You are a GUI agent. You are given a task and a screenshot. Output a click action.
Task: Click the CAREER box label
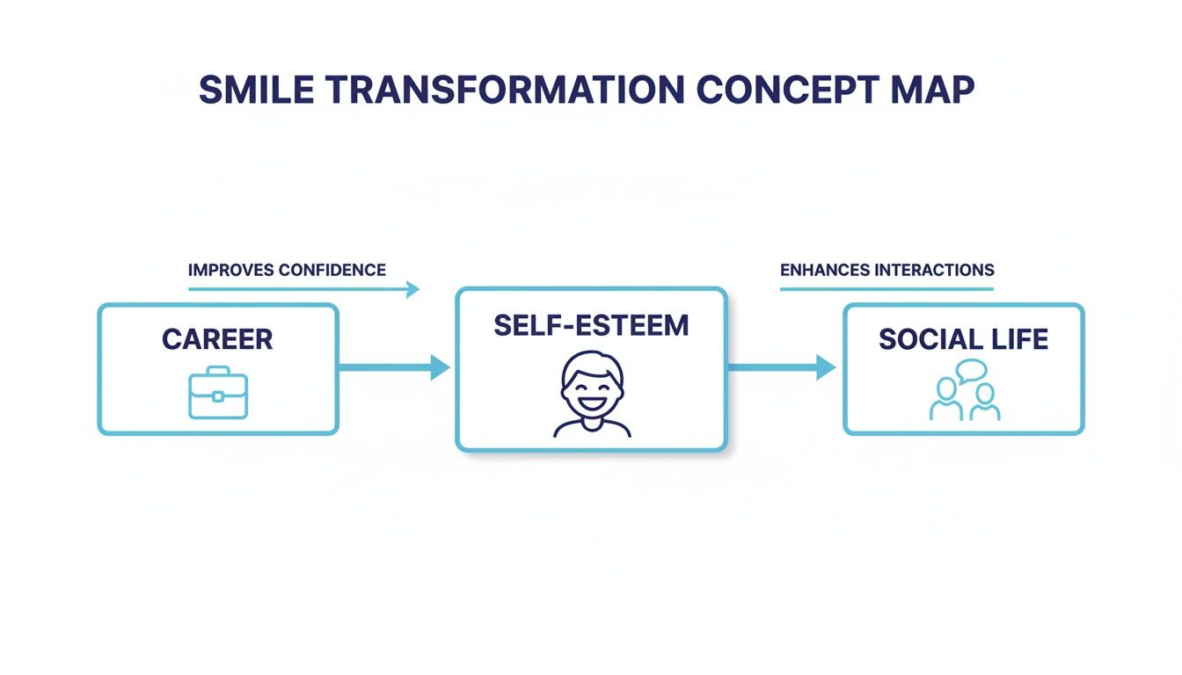point(217,339)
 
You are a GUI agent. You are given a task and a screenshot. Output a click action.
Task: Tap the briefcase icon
point(218,394)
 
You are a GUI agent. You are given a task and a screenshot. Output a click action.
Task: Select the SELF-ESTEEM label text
point(591,325)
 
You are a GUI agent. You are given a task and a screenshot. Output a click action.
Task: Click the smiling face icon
point(592,394)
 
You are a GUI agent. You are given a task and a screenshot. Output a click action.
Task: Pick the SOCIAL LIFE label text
point(963,339)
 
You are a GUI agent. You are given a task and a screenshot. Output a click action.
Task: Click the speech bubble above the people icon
point(971,370)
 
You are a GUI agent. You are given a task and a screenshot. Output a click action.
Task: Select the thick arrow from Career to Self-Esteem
point(394,367)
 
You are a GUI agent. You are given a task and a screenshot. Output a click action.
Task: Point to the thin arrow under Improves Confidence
point(303,288)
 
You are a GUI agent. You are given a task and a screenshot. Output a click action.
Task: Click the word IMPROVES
point(231,270)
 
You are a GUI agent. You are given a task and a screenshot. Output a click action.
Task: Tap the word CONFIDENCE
point(332,270)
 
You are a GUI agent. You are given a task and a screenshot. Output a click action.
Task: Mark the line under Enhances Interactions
point(886,288)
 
